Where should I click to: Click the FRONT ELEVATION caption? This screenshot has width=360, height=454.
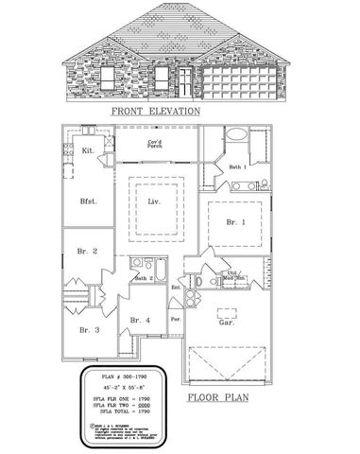[156, 111]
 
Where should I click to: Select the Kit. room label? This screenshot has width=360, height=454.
[89, 149]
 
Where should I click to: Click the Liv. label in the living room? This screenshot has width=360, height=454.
[154, 202]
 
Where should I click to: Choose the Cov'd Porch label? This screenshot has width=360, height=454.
[155, 145]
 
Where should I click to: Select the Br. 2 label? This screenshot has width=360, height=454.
[87, 252]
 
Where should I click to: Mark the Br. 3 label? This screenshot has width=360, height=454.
[89, 329]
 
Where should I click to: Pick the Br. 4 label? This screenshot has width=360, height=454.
[140, 321]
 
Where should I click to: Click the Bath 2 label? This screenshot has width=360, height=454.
[145, 279]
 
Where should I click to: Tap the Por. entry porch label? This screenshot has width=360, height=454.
[175, 319]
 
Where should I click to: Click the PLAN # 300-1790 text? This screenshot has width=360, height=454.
[124, 376]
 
